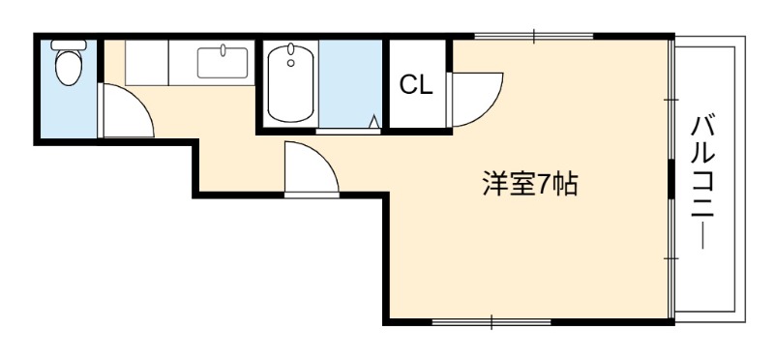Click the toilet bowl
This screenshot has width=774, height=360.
click(x=68, y=68)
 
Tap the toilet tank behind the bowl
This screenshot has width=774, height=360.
click(x=69, y=45)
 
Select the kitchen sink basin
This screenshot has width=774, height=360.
click(x=223, y=63)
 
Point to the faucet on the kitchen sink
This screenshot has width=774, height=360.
click(x=223, y=50)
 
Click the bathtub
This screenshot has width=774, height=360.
click(x=291, y=83)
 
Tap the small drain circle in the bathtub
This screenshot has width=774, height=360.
click(x=291, y=63)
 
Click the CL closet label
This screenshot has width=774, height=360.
click(x=416, y=85)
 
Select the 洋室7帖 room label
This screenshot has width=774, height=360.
click(x=530, y=184)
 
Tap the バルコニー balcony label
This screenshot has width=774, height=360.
click(x=702, y=182)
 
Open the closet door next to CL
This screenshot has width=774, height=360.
click(x=474, y=100)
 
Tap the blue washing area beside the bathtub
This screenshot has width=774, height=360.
click(x=350, y=83)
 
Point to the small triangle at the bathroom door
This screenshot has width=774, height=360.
click(x=374, y=122)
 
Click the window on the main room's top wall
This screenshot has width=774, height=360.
click(x=534, y=36)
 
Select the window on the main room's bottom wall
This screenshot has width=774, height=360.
click(x=491, y=322)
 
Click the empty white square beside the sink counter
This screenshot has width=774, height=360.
click(x=147, y=63)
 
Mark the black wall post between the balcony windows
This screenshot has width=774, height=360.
click(x=670, y=178)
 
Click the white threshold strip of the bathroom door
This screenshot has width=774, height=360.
click(x=348, y=132)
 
